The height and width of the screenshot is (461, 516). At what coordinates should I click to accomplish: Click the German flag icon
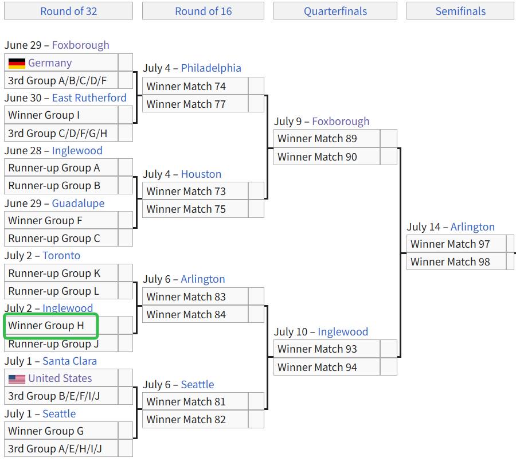coord(17,63)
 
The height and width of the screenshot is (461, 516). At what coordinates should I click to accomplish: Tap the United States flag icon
coord(17,379)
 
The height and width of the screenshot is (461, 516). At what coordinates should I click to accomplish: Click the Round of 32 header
coord(68,11)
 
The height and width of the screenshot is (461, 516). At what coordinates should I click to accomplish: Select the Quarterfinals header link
coord(335,11)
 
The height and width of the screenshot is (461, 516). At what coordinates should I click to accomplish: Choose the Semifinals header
coord(460,11)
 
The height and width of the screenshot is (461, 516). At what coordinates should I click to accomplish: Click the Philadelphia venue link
coord(211,68)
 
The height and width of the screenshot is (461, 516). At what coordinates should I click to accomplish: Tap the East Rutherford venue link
coord(89,97)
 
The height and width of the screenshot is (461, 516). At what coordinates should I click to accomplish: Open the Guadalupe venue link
coord(78,204)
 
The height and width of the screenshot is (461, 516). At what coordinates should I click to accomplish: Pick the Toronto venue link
coord(61,256)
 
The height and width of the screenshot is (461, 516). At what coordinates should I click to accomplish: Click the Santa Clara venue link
coord(69,361)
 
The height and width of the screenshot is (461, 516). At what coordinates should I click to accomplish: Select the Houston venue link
coord(201,174)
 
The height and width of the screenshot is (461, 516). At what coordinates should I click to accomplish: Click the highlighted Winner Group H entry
coord(50,326)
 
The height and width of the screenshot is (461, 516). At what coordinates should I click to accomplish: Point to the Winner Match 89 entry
coord(327,139)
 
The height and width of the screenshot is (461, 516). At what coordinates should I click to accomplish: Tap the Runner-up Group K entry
coord(61,273)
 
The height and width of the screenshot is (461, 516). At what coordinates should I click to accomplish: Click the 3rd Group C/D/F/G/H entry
coord(61,133)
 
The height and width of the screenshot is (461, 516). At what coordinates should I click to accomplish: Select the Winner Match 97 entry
coord(456,244)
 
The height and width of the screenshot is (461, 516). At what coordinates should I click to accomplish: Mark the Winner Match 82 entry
coord(195,419)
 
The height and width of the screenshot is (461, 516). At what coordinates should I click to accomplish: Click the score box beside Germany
coord(126,62)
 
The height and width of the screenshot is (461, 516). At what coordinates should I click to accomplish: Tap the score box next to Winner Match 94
coord(388,367)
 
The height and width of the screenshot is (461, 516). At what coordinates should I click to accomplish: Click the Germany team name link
coord(50,63)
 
